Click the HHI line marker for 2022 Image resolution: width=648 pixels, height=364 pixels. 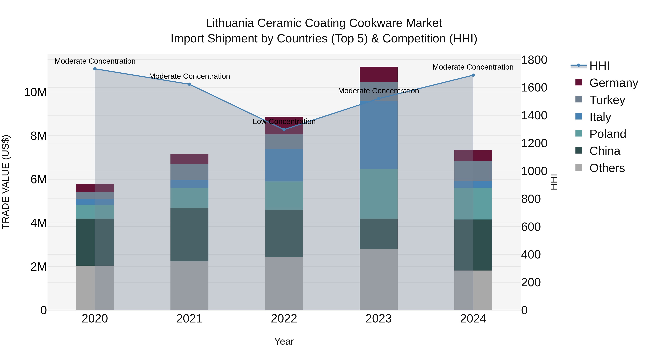click(x=284, y=130)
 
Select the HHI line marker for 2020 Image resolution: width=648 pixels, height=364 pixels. click(x=95, y=69)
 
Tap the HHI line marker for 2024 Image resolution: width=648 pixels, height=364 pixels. click(x=473, y=75)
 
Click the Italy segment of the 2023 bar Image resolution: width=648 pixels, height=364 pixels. click(x=379, y=135)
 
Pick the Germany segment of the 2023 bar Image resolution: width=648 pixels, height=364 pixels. click(x=379, y=74)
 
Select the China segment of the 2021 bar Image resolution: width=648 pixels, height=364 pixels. click(x=189, y=234)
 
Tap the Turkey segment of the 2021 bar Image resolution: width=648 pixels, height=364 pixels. click(x=189, y=172)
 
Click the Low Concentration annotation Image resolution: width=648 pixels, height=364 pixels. click(x=284, y=122)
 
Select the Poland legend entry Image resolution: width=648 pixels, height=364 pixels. click(x=607, y=134)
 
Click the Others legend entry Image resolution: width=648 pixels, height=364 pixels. click(x=607, y=168)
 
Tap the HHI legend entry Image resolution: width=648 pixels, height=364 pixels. click(x=599, y=66)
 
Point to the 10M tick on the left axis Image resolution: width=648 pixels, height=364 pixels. click(x=35, y=92)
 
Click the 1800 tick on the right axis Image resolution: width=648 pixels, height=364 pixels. click(x=534, y=60)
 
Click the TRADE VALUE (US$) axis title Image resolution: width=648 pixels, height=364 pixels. click(x=6, y=182)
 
